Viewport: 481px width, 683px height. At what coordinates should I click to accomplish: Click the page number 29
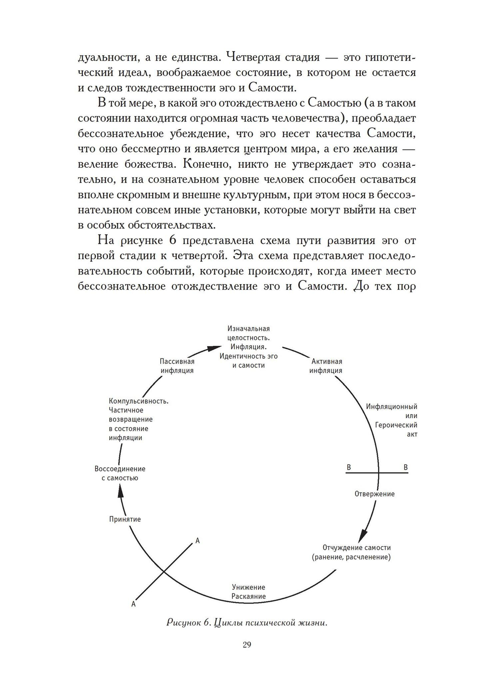pyautogui.click(x=247, y=644)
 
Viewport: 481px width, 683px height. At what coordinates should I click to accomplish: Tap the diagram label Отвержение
pyautogui.click(x=374, y=494)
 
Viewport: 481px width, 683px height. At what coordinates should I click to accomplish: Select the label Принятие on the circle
pyautogui.click(x=125, y=519)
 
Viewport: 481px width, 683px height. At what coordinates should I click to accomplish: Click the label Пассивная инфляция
pyautogui.click(x=177, y=366)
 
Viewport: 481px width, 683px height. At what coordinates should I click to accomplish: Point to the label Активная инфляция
pyautogui.click(x=326, y=366)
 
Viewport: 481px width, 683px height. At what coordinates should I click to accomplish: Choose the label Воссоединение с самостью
pyautogui.click(x=120, y=473)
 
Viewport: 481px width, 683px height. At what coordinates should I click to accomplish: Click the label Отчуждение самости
pyautogui.click(x=356, y=548)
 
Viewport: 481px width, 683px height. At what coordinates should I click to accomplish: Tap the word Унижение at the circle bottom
pyautogui.click(x=248, y=587)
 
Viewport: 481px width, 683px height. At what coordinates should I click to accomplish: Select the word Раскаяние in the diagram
pyautogui.click(x=248, y=596)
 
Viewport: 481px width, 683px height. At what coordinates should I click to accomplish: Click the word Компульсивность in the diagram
pyautogui.click(x=139, y=401)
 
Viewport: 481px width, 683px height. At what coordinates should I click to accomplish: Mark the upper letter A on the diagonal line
pyautogui.click(x=197, y=541)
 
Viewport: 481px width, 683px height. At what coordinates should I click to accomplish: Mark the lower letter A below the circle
pyautogui.click(x=134, y=604)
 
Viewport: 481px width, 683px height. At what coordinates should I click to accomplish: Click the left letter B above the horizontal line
pyautogui.click(x=349, y=467)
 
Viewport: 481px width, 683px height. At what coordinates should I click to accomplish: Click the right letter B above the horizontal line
pyautogui.click(x=405, y=467)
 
